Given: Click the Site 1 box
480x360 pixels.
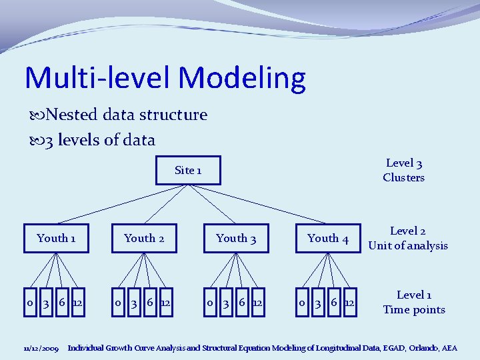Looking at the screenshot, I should [x=188, y=170].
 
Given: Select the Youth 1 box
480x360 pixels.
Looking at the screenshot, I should [x=56, y=238].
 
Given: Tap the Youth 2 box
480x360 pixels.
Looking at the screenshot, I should [x=144, y=238].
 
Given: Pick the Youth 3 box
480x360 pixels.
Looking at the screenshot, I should [x=236, y=238].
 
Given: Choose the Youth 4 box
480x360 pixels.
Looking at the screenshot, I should [x=328, y=238].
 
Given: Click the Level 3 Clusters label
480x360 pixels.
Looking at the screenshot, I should [x=403, y=170].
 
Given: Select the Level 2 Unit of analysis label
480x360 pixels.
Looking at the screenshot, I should [x=408, y=238].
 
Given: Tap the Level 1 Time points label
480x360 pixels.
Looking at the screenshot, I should [x=413, y=302].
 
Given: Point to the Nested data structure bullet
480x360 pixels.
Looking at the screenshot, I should [x=120, y=115].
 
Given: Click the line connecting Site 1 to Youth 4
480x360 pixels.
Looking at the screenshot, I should [x=273, y=206].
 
